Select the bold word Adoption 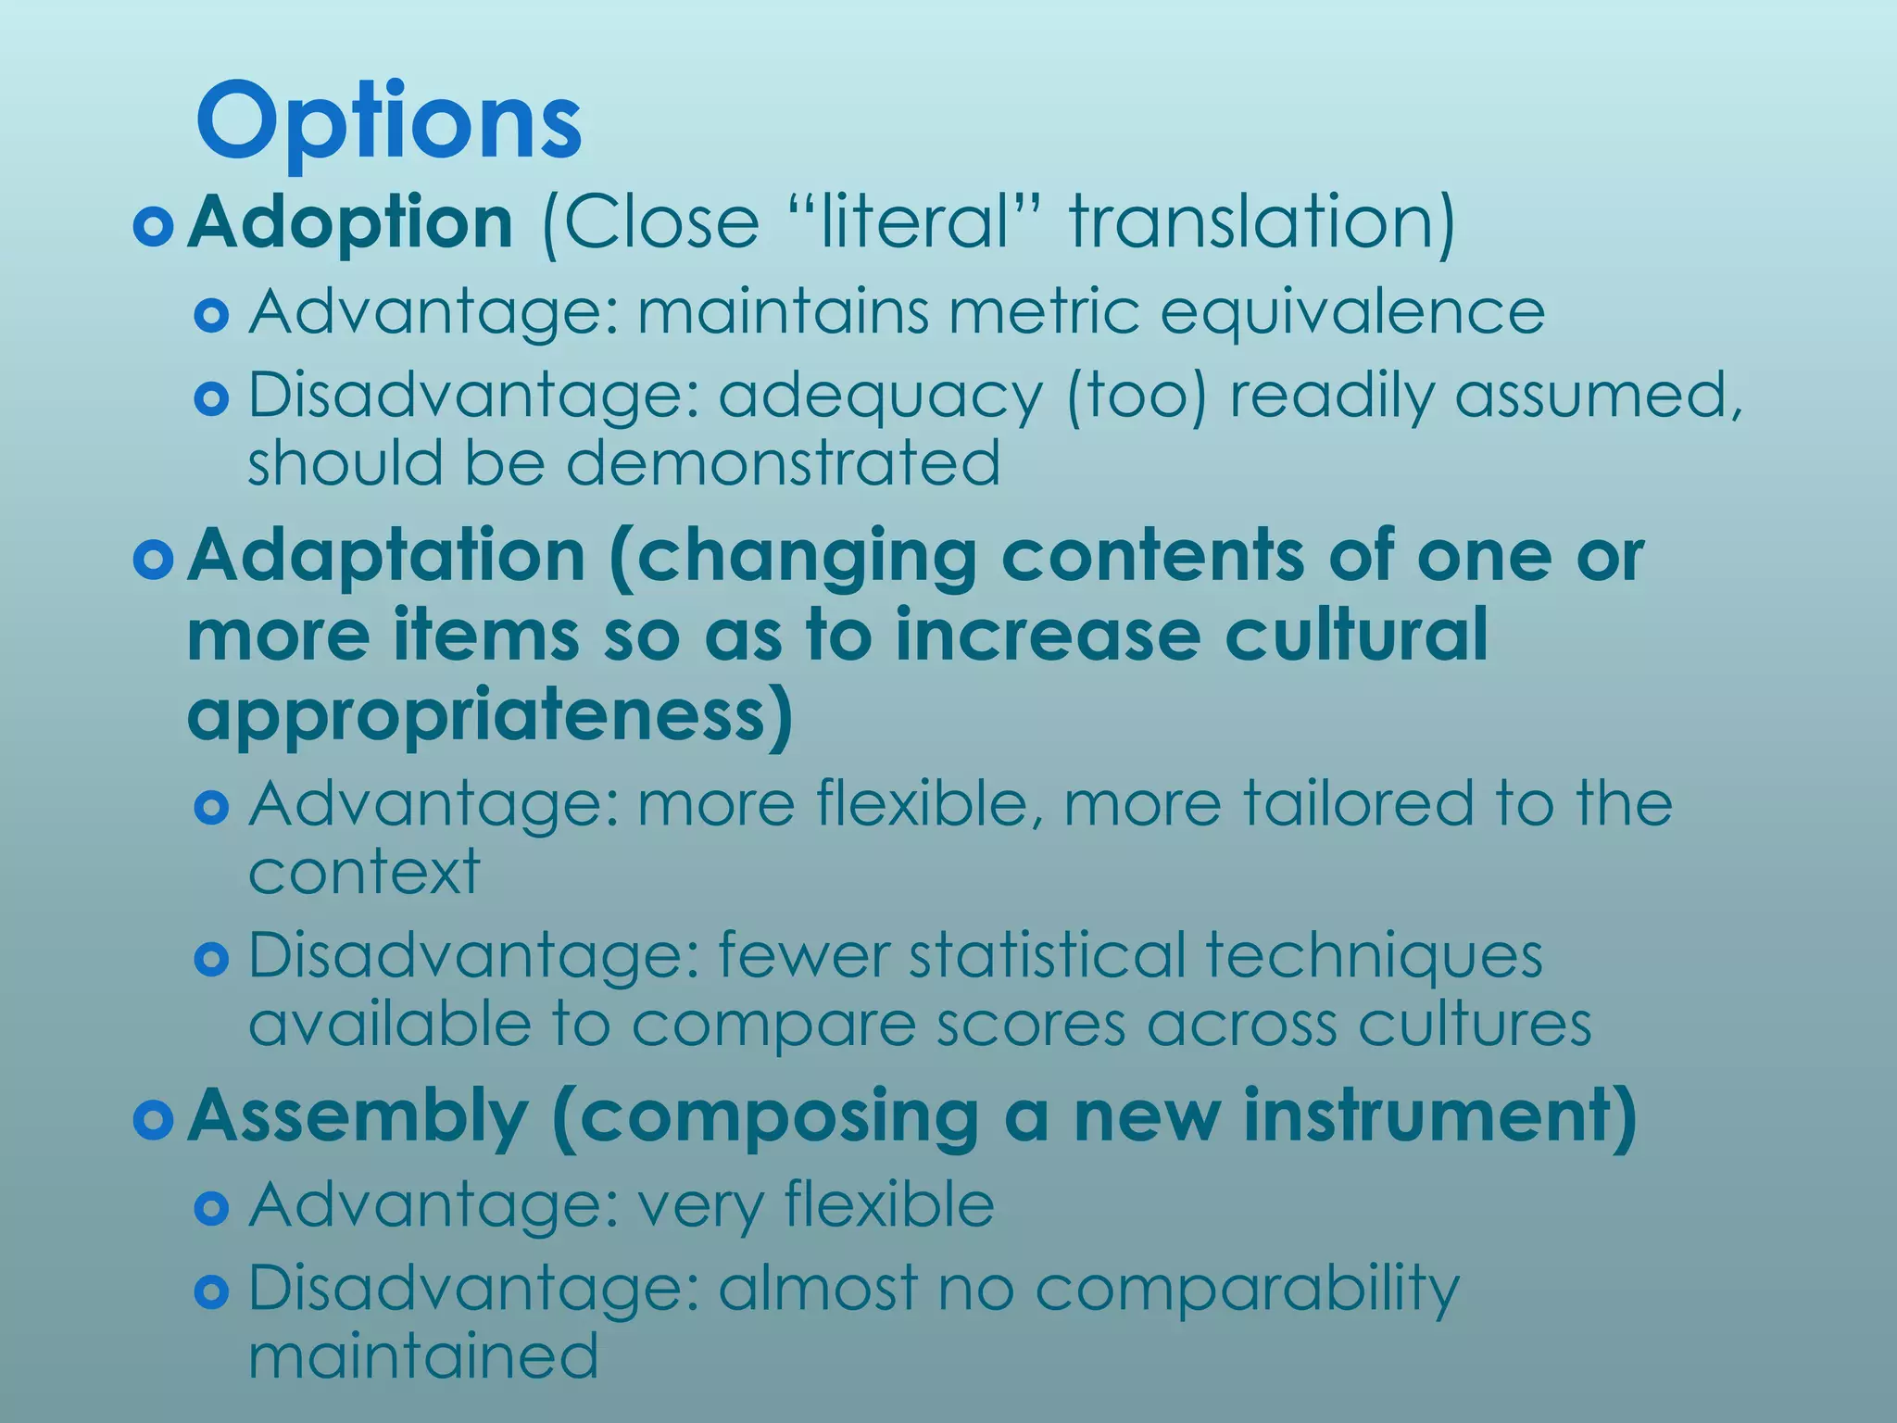350,223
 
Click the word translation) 1263,223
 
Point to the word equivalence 1352,311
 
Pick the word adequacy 880,397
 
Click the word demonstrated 784,462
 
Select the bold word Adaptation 386,556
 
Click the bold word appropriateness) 490,715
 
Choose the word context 364,872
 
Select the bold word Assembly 358,1117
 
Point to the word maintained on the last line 423,1356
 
